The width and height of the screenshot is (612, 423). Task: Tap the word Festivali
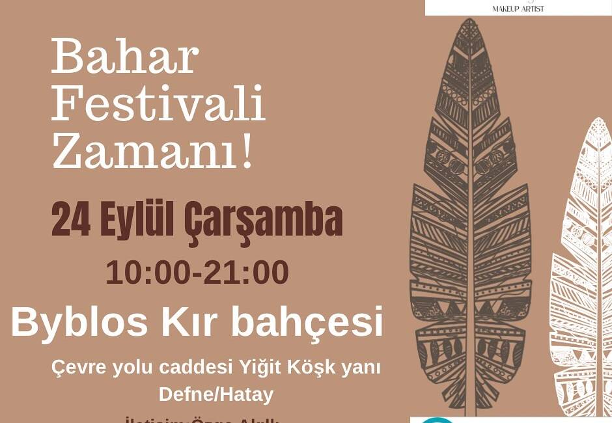tap(158, 104)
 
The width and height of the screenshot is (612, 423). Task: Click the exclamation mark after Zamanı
tap(246, 152)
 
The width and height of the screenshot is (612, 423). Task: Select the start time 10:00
tap(147, 272)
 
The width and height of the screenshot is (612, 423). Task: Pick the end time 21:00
tap(247, 272)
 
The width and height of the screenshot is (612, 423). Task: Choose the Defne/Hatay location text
tap(216, 394)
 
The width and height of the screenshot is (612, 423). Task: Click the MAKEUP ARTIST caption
tap(518, 8)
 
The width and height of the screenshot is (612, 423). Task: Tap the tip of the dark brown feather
tap(469, 22)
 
